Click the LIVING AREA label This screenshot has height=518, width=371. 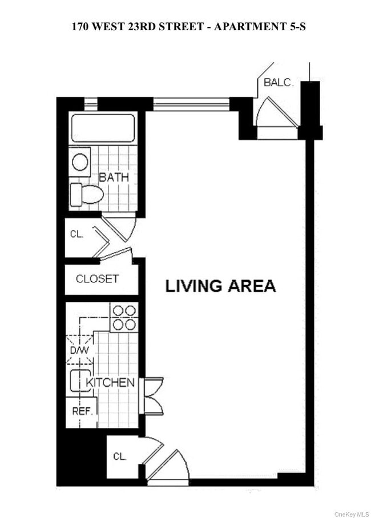(x=220, y=286)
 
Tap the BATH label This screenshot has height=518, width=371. (x=114, y=177)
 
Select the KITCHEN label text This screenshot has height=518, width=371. (x=110, y=383)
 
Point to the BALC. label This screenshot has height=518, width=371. (x=279, y=83)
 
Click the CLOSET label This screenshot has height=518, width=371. (x=97, y=279)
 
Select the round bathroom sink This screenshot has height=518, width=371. (x=80, y=161)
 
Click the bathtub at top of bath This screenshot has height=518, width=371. (x=103, y=128)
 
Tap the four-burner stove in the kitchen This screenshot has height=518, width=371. (x=124, y=317)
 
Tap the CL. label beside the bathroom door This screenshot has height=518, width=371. (x=76, y=234)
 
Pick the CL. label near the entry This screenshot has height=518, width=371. (x=119, y=456)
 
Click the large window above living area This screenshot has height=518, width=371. (x=191, y=104)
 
